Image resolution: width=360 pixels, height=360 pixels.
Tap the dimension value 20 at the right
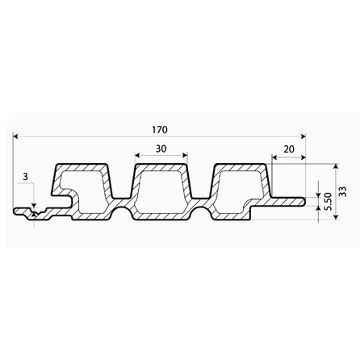tap(288, 149)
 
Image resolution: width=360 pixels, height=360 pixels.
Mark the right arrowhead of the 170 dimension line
tap(306, 136)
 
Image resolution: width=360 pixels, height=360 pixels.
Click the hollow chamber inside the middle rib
tap(161, 193)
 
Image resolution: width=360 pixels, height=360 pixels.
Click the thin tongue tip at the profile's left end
tap(18, 213)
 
